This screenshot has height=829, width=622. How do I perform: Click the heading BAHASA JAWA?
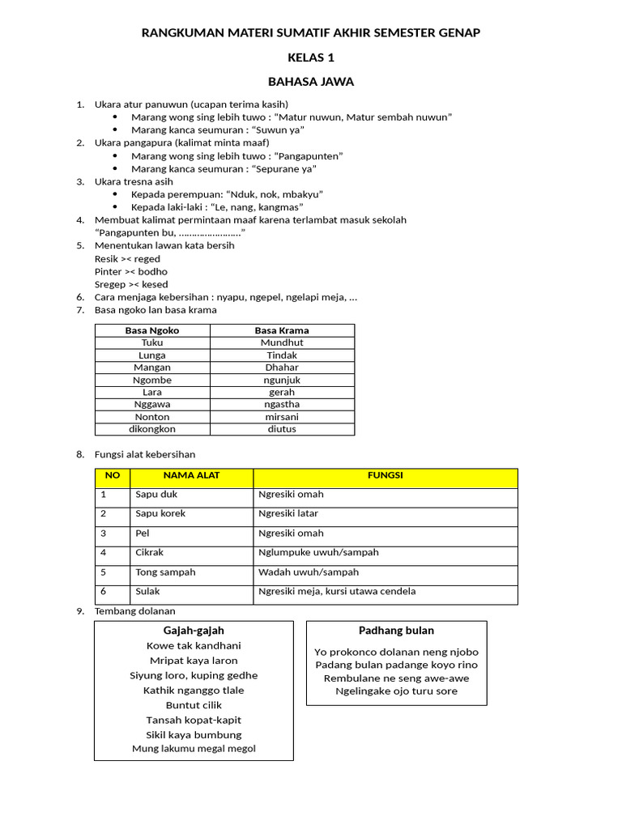pos(311,82)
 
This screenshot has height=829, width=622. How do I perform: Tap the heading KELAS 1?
pos(311,57)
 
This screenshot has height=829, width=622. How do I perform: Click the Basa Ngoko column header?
pos(152,330)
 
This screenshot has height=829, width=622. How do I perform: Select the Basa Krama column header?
pos(282,330)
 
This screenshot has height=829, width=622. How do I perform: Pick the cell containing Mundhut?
pos(282,342)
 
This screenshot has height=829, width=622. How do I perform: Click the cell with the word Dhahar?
pos(282,368)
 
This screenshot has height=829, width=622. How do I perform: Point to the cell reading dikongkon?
pos(152,429)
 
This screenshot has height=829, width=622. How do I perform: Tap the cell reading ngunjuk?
pos(282,380)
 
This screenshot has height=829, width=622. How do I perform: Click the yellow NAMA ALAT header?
pos(191,476)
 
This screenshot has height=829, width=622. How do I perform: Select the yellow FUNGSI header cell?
pos(386,476)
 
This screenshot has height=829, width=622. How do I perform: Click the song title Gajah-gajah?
pos(194,631)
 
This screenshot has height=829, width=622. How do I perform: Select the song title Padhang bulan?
pos(396,631)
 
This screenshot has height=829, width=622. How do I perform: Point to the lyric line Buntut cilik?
pos(194,705)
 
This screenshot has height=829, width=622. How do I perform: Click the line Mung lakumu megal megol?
pos(194,749)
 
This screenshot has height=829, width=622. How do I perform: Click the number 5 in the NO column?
pos(104,572)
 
